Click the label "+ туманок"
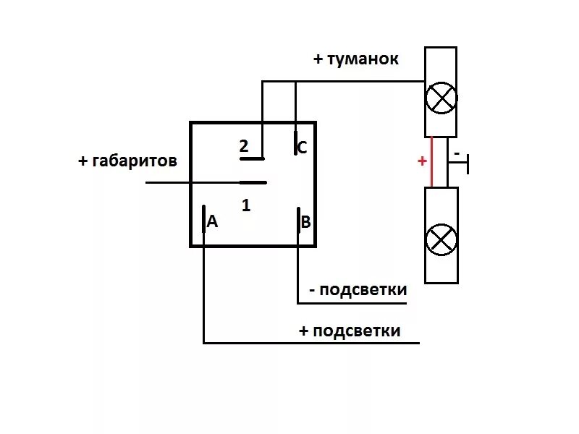coord(355,59)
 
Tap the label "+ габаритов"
coord(127,161)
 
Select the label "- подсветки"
coord(358,290)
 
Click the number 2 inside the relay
coord(244,146)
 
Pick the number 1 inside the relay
coord(246,205)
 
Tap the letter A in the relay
coord(212,222)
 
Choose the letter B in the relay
coord(305,222)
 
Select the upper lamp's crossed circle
coord(440,98)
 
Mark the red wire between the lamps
coord(432,162)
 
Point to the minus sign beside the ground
coord(457,153)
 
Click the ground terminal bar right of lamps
coord(469,163)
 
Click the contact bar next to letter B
coord(297,219)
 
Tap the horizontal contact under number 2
coord(253,158)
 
